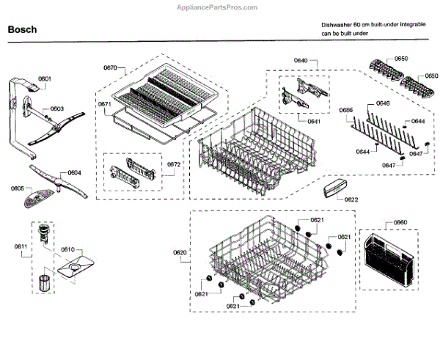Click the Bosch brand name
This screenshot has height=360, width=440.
(x=22, y=31)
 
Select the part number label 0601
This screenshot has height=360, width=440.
(x=45, y=78)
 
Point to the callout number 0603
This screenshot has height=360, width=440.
(x=56, y=109)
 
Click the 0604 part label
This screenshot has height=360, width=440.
(x=74, y=172)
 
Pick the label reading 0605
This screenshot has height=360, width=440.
(x=18, y=188)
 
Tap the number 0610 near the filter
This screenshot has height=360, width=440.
(x=67, y=250)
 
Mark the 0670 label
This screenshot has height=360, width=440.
(x=111, y=67)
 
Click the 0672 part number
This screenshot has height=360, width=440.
(x=174, y=164)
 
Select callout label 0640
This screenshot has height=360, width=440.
(x=320, y=61)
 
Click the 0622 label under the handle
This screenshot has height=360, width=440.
(x=351, y=199)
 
